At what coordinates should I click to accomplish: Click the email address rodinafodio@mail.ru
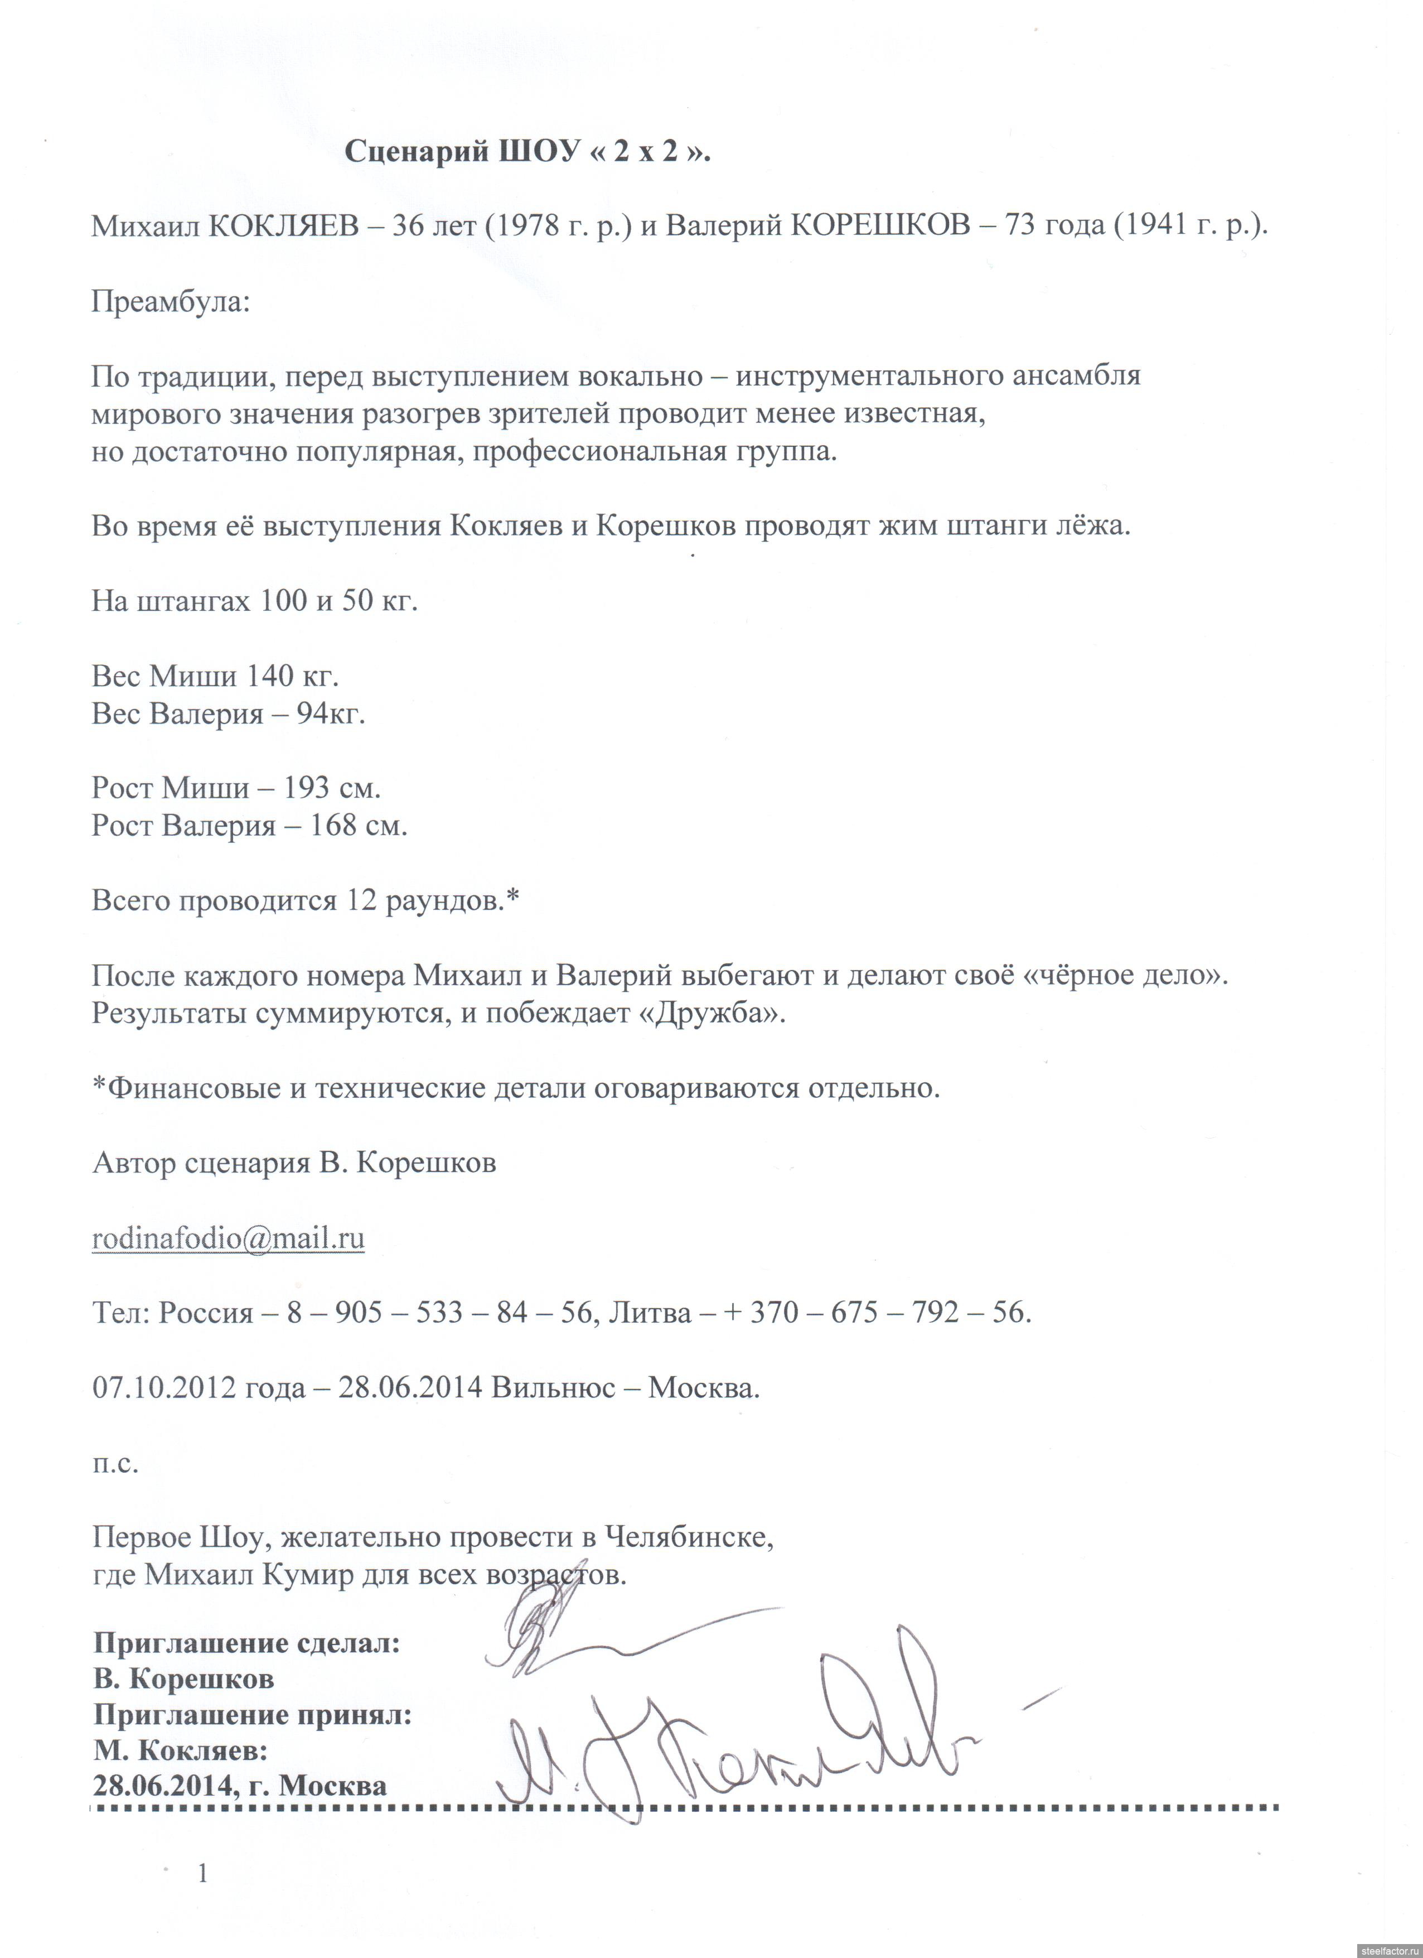[x=228, y=1239]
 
